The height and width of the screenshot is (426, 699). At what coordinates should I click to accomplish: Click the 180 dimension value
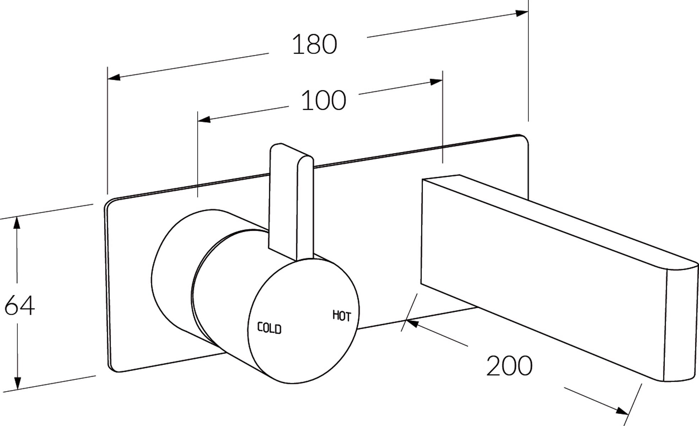click(314, 44)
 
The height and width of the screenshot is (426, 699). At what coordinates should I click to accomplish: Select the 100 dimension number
click(323, 100)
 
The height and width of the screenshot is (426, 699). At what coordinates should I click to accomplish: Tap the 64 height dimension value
click(20, 305)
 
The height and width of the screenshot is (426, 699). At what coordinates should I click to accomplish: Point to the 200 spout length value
click(509, 365)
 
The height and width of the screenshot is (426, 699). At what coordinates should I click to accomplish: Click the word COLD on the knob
click(269, 328)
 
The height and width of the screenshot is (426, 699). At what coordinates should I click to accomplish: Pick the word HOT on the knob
click(342, 316)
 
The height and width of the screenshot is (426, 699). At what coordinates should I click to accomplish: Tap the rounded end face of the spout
click(681, 323)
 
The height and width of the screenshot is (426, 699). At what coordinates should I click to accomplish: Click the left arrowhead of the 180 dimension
click(114, 77)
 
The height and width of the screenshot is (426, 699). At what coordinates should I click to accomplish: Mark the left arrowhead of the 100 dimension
click(204, 119)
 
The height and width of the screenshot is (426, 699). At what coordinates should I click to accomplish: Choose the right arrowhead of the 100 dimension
click(436, 82)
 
